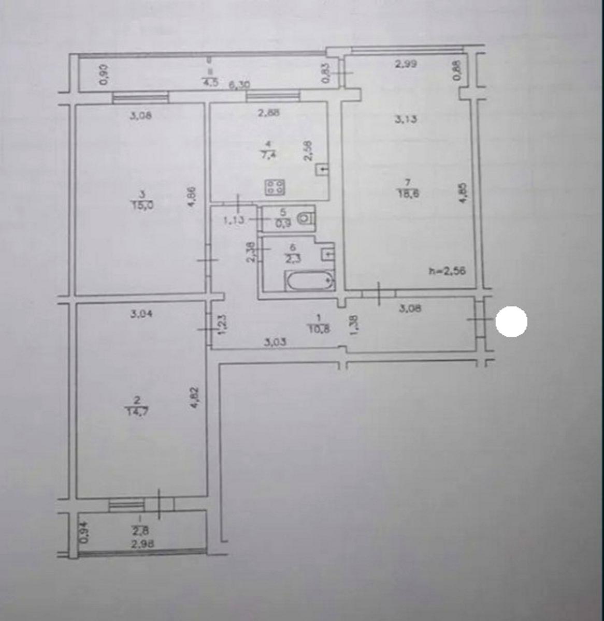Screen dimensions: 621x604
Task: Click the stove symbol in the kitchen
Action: [275, 187]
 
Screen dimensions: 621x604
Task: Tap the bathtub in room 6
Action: [310, 282]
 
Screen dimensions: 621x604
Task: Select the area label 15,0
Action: [143, 204]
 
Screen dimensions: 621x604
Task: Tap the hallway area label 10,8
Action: [319, 328]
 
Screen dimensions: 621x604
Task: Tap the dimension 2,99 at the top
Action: [406, 64]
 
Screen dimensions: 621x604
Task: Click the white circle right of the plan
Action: [511, 321]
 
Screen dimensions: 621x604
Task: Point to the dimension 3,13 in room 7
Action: [406, 120]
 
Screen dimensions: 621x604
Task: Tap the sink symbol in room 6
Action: [327, 254]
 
